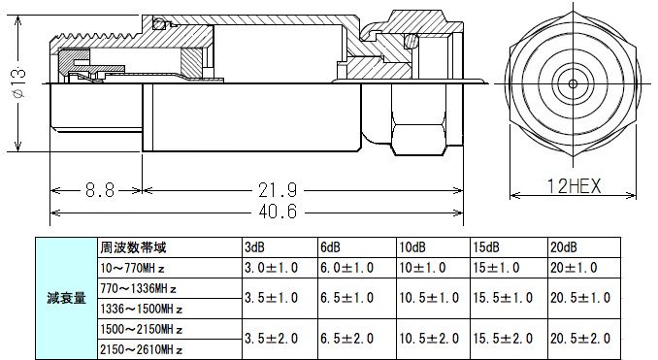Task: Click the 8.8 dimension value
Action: tap(100, 189)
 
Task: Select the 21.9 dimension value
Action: tap(278, 189)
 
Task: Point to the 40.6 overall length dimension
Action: tap(278, 212)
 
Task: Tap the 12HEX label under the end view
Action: tap(575, 186)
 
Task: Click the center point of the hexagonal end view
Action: tap(573, 83)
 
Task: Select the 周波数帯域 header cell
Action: tap(133, 247)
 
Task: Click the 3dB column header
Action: tap(254, 247)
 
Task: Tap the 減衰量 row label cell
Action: tap(66, 298)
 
